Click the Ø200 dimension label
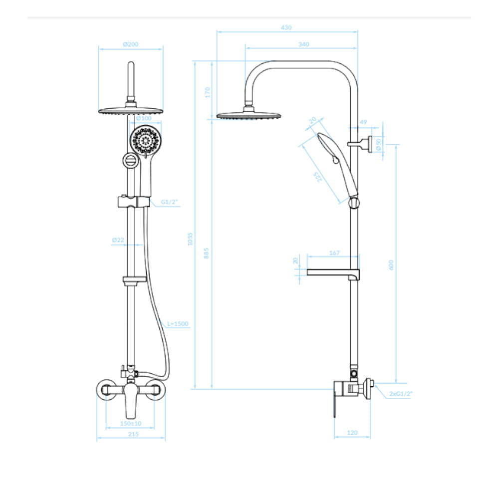(x=130, y=44)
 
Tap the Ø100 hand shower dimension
(x=144, y=118)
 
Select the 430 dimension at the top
(x=286, y=27)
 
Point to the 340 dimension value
(x=303, y=44)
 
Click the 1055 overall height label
(x=190, y=239)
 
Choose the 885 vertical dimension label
(x=206, y=253)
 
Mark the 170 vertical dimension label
(x=208, y=92)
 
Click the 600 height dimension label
(x=391, y=265)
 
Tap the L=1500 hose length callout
(x=178, y=324)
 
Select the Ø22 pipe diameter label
(x=118, y=240)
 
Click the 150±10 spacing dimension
(x=130, y=423)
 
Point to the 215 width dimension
(x=133, y=434)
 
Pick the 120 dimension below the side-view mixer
(x=352, y=433)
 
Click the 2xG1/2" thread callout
(x=401, y=394)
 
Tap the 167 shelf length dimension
(x=334, y=253)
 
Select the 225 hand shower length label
(x=317, y=177)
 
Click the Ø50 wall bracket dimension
(x=378, y=145)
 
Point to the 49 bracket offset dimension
(x=363, y=122)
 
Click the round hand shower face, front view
(x=145, y=141)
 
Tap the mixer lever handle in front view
(x=131, y=401)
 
